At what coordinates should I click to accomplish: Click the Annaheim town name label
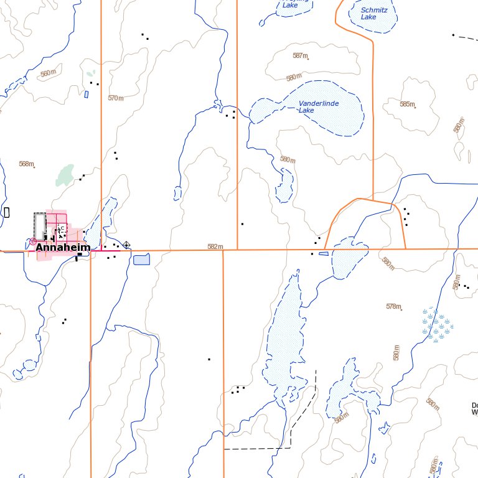pyautogui.click(x=63, y=247)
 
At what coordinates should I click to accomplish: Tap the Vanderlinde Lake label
pyautogui.click(x=318, y=106)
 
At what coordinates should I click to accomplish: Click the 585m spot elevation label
pyautogui.click(x=407, y=104)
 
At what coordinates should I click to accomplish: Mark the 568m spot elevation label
pyautogui.click(x=26, y=164)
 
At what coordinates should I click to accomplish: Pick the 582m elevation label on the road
pyautogui.click(x=215, y=246)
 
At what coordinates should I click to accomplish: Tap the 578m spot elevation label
pyautogui.click(x=393, y=306)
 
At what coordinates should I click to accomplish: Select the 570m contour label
pyautogui.click(x=116, y=98)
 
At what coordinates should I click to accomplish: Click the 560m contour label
pyautogui.click(x=48, y=73)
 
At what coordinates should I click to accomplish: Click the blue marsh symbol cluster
pyautogui.click(x=438, y=325)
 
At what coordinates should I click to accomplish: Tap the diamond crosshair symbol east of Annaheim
pyautogui.click(x=126, y=245)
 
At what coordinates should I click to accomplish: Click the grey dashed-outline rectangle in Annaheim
pyautogui.click(x=40, y=225)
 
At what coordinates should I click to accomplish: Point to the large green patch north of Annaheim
pyautogui.click(x=64, y=175)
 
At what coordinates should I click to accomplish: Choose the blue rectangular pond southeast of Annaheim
pyautogui.click(x=141, y=259)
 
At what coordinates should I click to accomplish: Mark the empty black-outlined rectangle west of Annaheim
pyautogui.click(x=7, y=212)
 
